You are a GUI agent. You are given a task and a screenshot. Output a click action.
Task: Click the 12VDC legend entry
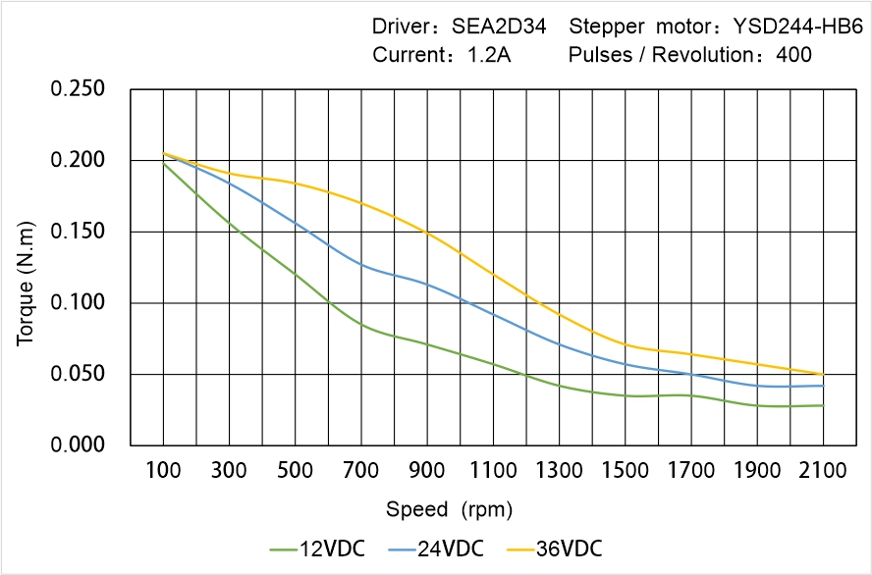coord(317,548)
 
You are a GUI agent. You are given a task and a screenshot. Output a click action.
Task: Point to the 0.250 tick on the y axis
coord(78,89)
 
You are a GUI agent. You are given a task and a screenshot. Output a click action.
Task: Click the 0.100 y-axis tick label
coord(78,303)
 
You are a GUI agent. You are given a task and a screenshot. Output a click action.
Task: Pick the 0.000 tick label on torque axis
coord(78,445)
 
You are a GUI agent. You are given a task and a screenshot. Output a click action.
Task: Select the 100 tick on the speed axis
coord(163,472)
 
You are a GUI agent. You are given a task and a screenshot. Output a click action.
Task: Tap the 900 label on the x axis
coord(427,472)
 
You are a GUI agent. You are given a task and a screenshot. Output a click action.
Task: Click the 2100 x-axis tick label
coord(823,472)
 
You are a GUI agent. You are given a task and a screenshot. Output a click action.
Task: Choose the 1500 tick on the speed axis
coord(625,472)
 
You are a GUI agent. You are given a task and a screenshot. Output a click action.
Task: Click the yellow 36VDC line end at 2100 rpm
coord(823,374)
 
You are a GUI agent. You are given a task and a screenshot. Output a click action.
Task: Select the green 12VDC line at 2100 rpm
coord(823,405)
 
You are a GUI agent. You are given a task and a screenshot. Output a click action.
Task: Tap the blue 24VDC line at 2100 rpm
coord(823,386)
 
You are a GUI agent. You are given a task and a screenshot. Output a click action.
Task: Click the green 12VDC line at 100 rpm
coord(163,163)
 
